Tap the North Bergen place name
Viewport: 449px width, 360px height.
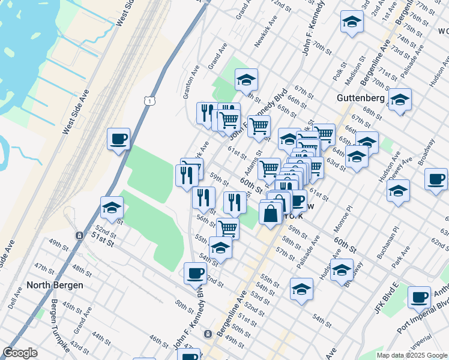click(55, 285)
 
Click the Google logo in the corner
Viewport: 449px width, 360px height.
click(20, 353)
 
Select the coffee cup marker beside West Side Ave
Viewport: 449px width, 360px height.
click(118, 140)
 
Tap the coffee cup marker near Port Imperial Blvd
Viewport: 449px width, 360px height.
click(419, 296)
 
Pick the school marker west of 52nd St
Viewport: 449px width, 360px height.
click(112, 208)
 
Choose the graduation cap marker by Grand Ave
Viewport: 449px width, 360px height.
click(246, 79)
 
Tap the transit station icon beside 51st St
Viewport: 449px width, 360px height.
click(79, 236)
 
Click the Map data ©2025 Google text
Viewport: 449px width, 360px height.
click(412, 355)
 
